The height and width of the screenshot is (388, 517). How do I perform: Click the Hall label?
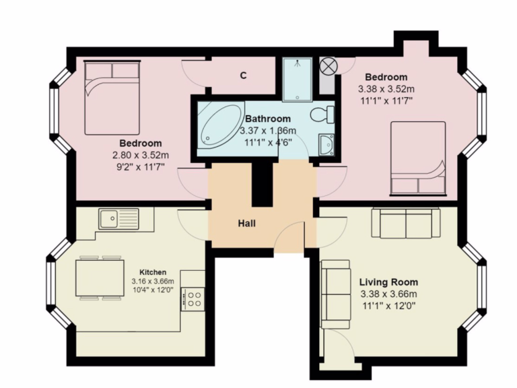pos(246,224)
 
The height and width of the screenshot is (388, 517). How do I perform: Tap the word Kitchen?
pos(153,272)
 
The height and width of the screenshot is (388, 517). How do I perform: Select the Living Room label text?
pos(388,282)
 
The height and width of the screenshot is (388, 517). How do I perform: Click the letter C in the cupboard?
pos(243,75)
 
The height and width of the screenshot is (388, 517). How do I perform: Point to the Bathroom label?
pos(268,119)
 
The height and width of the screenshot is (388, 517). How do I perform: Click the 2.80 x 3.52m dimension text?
pos(141,155)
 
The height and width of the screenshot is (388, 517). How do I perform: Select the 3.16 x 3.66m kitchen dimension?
pos(153,282)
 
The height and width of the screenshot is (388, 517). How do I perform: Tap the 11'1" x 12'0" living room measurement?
pos(388,306)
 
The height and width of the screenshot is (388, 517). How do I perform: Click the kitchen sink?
pos(118,218)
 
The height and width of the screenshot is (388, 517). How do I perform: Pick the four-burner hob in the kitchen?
pos(193,299)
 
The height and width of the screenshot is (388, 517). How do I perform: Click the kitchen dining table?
pos(100,278)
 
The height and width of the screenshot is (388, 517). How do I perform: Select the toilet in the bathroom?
pos(322,115)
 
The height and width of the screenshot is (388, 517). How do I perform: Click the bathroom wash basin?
pos(326,144)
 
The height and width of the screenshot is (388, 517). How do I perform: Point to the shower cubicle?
pos(298,79)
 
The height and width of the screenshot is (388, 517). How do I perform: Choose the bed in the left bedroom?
pos(112,98)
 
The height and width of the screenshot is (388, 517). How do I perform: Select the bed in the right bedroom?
pos(418,159)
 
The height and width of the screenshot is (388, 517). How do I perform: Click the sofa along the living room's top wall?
pos(406,223)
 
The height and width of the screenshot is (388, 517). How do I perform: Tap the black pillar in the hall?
pos(263,185)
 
